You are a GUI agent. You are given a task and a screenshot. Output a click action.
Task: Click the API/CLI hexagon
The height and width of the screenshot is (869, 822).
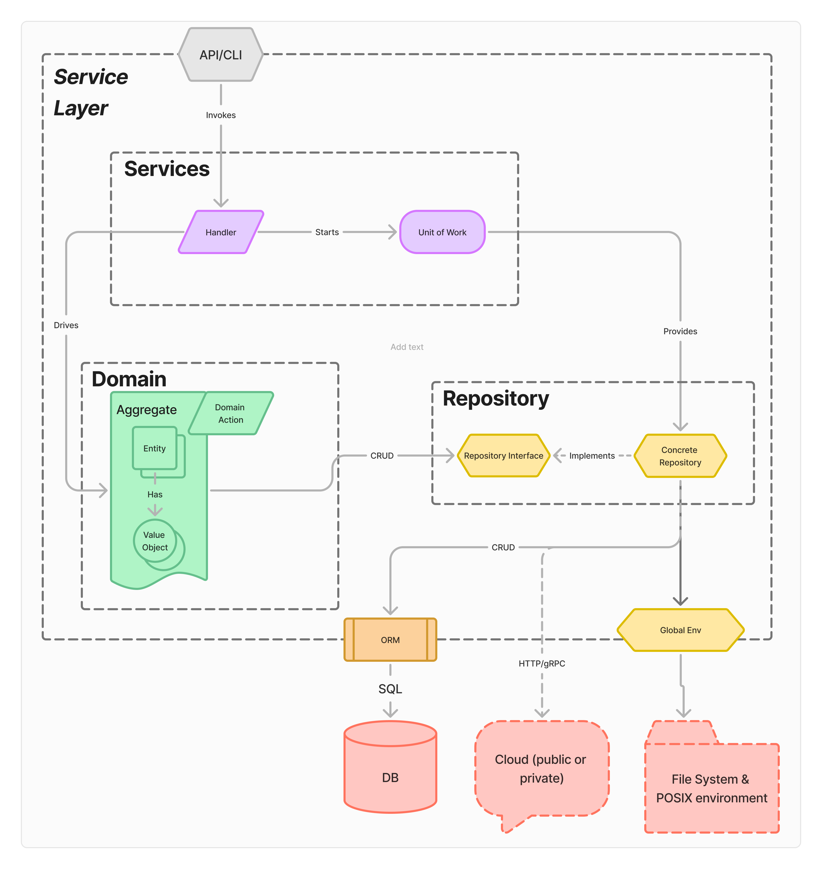coord(220,55)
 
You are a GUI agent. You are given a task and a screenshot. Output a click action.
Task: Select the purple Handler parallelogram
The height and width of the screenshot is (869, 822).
coord(220,232)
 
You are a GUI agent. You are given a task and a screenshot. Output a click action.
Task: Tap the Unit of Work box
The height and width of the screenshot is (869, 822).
coord(442,232)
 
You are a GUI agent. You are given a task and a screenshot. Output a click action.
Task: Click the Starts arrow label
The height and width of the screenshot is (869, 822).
coord(327,232)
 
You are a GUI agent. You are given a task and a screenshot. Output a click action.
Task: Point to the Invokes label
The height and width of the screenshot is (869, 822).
coord(220,115)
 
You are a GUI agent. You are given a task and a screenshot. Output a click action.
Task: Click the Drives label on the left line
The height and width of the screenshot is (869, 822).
coord(66,325)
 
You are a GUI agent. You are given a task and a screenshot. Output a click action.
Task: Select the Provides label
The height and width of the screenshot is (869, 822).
coord(680,331)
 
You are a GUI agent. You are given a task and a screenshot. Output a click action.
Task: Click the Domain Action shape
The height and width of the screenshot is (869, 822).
coord(230,413)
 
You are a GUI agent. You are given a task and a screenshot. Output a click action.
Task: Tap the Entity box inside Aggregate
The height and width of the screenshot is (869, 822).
coord(154,448)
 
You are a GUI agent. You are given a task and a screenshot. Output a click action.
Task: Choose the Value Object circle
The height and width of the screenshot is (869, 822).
coord(154,541)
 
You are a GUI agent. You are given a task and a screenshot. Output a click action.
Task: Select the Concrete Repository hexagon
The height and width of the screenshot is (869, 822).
coord(680,456)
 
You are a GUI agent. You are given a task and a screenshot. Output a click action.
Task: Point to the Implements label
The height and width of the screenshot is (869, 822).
coord(592,456)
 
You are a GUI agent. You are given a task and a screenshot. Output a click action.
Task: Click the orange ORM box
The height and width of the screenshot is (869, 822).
coord(390,640)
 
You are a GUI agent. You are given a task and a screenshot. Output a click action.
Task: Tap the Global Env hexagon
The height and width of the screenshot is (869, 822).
coord(680,630)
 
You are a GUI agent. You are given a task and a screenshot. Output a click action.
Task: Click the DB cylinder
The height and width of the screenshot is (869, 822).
coord(390,777)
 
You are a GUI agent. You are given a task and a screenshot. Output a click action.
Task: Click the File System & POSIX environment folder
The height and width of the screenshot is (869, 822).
coord(711,788)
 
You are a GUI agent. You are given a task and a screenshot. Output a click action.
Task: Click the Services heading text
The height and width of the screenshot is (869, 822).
coord(167,169)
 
